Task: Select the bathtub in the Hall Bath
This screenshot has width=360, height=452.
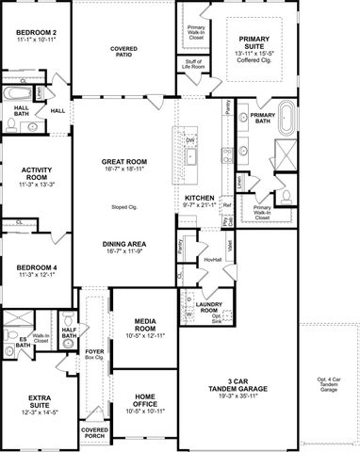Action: point(16,93)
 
